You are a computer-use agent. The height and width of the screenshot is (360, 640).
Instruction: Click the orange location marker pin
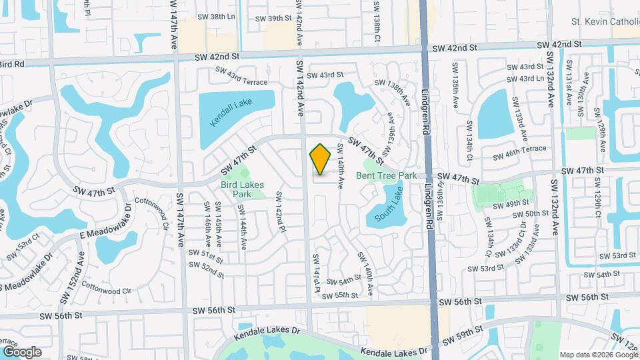click(321, 159)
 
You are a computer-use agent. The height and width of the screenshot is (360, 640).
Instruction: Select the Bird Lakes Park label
click(243, 189)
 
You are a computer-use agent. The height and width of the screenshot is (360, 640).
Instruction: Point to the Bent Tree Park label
click(386, 175)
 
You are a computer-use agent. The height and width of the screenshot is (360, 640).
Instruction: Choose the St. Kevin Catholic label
click(605, 22)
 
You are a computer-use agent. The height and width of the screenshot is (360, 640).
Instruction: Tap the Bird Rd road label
click(12, 64)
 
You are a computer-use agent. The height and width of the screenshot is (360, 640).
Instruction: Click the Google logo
click(22, 351)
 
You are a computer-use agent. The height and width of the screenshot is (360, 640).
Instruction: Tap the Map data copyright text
click(598, 355)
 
